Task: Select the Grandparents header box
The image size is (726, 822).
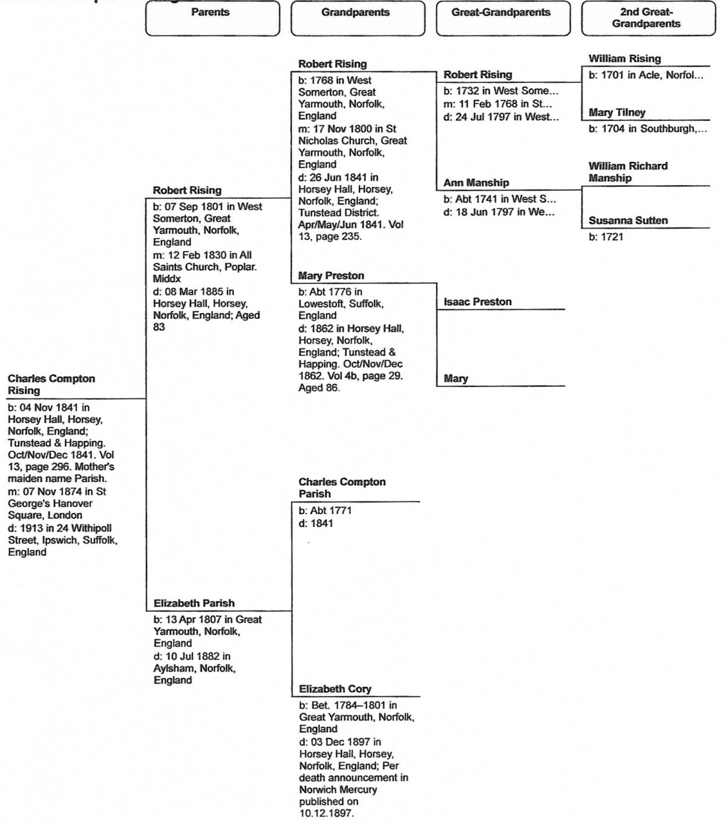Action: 358,18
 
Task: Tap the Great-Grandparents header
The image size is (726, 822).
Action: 503,18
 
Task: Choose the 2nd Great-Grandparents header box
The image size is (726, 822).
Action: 648,18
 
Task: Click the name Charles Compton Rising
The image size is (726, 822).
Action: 51,385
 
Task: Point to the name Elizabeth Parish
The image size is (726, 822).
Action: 194,603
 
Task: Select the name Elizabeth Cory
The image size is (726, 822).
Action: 335,689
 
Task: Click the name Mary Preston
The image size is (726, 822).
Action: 331,276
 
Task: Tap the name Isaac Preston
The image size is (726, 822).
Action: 477,302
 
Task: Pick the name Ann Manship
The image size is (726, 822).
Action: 476,183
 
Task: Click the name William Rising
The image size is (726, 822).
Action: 624,59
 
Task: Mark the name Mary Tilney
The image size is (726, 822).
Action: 616,113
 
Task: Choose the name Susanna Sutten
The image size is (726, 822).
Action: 628,221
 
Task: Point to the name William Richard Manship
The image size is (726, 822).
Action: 628,172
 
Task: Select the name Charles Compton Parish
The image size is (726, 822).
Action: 342,488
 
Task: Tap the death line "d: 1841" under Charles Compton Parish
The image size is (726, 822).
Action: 316,523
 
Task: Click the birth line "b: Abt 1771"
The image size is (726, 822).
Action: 325,510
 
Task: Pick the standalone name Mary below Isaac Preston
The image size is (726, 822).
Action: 456,379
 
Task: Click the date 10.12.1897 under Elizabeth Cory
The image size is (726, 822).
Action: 326,814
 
